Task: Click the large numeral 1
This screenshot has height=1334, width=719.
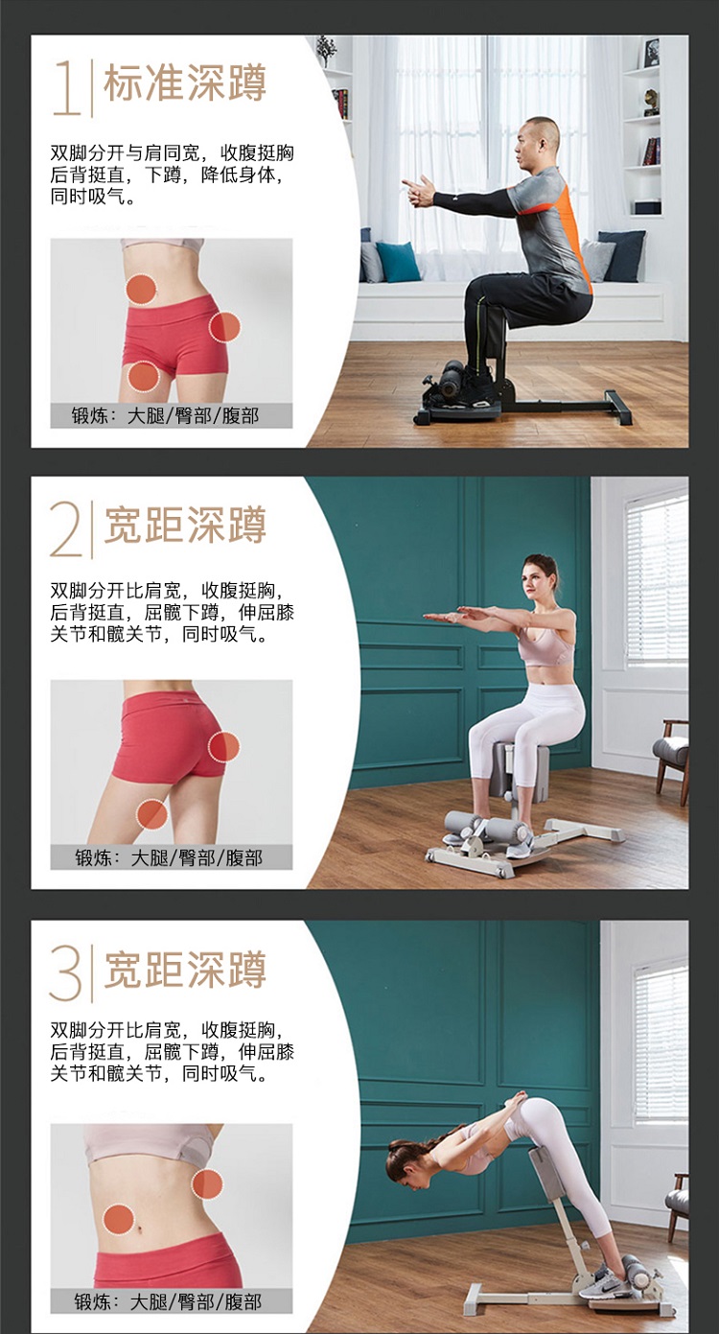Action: (67, 87)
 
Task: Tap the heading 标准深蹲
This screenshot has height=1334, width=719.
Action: (185, 82)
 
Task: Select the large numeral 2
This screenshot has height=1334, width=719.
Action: (66, 528)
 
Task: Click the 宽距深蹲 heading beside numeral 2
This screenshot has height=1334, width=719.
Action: (185, 525)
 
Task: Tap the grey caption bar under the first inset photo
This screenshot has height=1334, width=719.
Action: (172, 415)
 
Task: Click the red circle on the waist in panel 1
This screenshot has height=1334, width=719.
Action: (141, 289)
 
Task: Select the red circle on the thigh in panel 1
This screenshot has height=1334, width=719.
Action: (144, 376)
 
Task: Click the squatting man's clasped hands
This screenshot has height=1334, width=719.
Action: (419, 191)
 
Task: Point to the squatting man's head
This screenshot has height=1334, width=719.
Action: (537, 145)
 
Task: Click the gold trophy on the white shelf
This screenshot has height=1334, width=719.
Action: (651, 102)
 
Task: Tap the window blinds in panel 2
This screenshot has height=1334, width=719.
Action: (656, 580)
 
